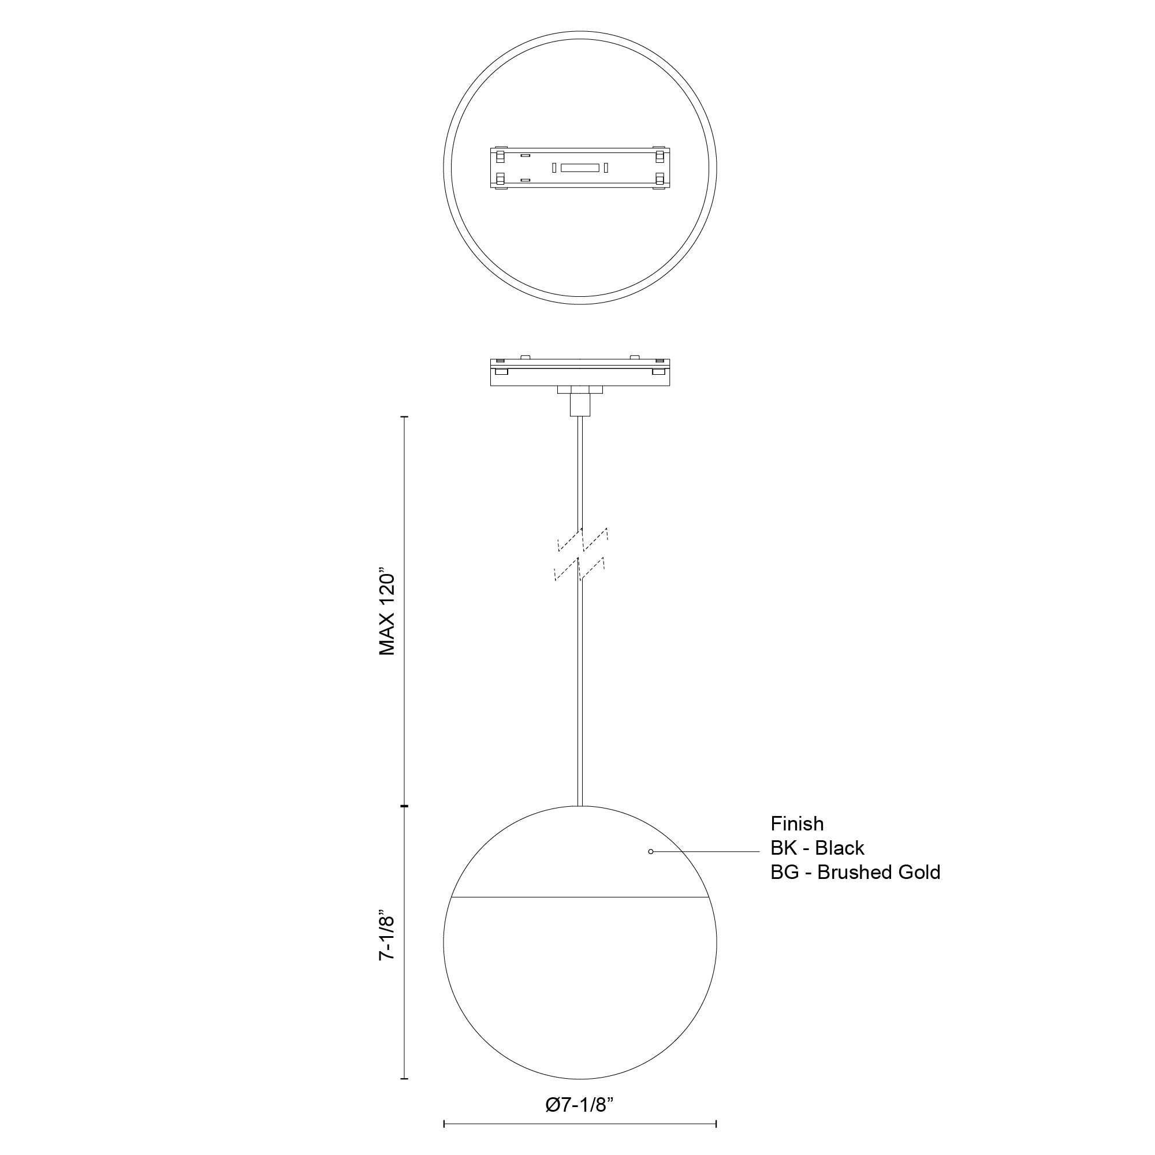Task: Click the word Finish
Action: coord(797,824)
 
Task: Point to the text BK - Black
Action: coord(817,848)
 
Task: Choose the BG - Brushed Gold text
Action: coord(855,872)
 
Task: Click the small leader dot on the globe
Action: coord(650,851)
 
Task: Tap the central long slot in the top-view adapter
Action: coord(580,168)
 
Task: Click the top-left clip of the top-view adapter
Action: coord(500,156)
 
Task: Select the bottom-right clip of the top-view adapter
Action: coord(660,179)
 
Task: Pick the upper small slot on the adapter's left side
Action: coord(525,156)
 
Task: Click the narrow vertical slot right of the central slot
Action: coord(606,168)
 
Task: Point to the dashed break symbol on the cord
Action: coord(580,554)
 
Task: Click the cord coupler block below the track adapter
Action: coord(580,404)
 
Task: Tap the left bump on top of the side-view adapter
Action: coord(526,357)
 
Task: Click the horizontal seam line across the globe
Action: coord(580,897)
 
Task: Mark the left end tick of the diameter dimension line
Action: coord(444,1124)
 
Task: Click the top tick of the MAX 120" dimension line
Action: coord(405,417)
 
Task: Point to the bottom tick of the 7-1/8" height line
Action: coord(405,1078)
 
